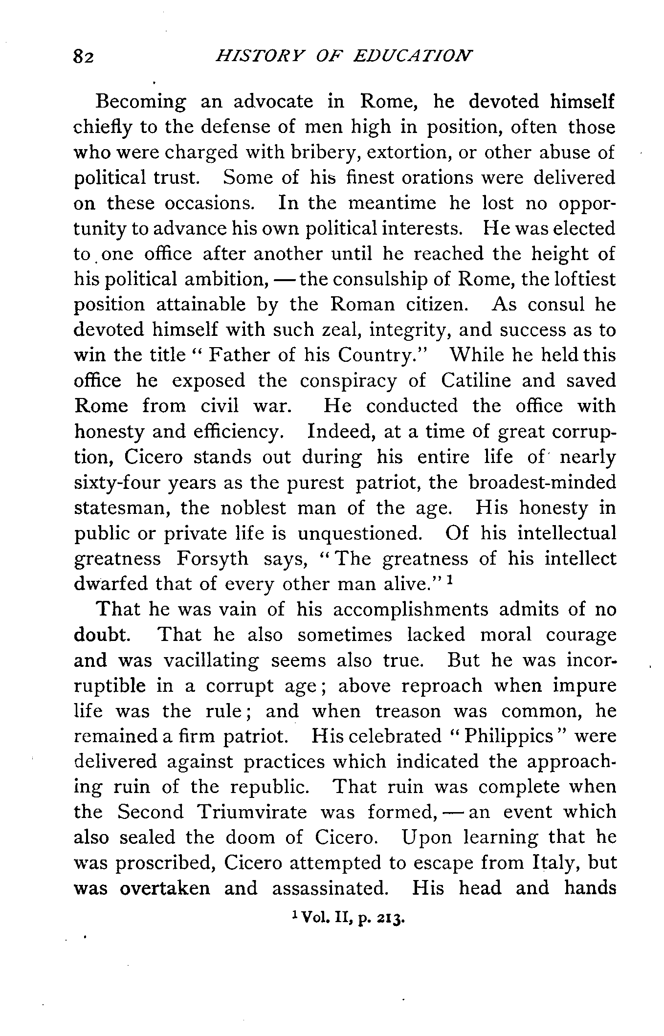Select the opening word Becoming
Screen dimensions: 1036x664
tap(141, 103)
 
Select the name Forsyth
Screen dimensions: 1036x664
tap(212, 558)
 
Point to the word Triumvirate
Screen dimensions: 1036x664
tap(252, 812)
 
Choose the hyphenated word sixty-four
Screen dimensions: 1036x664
tap(117, 483)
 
